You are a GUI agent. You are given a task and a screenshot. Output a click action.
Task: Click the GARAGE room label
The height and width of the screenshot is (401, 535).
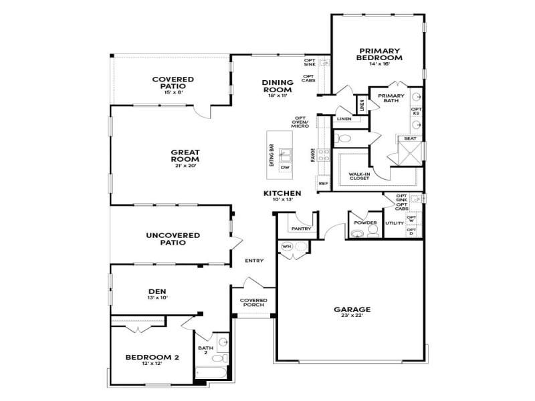pyautogui.click(x=352, y=309)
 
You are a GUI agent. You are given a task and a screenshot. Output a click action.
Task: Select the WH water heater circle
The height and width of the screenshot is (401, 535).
pyautogui.click(x=287, y=247)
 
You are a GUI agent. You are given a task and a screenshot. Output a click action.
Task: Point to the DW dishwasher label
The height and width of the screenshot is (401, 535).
pyautogui.click(x=284, y=168)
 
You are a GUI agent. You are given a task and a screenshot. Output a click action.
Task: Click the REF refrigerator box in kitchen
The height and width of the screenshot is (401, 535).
pyautogui.click(x=323, y=183)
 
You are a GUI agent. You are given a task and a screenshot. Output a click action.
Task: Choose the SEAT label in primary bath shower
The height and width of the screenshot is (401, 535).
pyautogui.click(x=409, y=138)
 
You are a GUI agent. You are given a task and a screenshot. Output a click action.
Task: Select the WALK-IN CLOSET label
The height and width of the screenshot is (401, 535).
pyautogui.click(x=359, y=176)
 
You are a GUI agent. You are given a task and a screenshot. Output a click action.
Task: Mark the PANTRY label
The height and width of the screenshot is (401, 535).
pyautogui.click(x=300, y=229)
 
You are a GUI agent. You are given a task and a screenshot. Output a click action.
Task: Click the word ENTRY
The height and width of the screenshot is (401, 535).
pyautogui.click(x=254, y=261)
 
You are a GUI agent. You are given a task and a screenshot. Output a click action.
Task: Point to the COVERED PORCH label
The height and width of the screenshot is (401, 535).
pyautogui.click(x=253, y=303)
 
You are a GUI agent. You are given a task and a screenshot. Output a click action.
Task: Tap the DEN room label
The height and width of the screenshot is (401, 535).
pyautogui.click(x=157, y=291)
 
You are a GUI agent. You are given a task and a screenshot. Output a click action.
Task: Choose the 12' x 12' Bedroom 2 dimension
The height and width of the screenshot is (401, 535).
pyautogui.click(x=152, y=364)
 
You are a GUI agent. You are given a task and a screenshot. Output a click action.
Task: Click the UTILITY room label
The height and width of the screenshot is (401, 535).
pyautogui.click(x=395, y=223)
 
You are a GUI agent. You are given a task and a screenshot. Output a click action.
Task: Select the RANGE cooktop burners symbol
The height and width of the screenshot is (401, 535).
pyautogui.click(x=322, y=155)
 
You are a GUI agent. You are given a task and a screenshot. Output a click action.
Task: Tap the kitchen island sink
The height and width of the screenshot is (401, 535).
pyautogui.click(x=284, y=156)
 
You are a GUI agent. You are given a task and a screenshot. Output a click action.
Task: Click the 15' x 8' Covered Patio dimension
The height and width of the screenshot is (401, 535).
pyautogui.click(x=173, y=92)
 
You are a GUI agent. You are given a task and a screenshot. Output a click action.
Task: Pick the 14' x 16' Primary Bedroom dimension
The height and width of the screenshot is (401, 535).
pyautogui.click(x=379, y=64)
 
